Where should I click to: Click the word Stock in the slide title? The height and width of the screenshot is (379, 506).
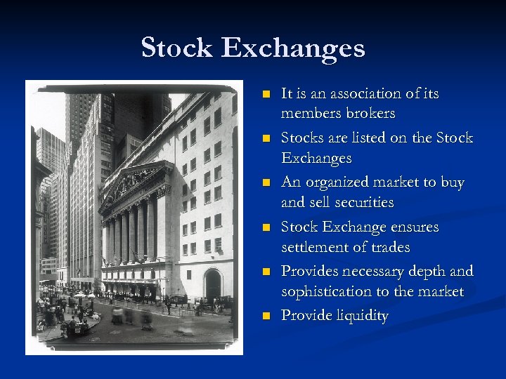[177, 48]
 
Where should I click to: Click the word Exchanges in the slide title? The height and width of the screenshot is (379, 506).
[293, 48]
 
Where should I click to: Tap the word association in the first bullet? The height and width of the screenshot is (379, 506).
[363, 93]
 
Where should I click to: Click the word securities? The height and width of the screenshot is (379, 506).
[361, 202]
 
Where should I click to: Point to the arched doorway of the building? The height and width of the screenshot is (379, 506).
[212, 285]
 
